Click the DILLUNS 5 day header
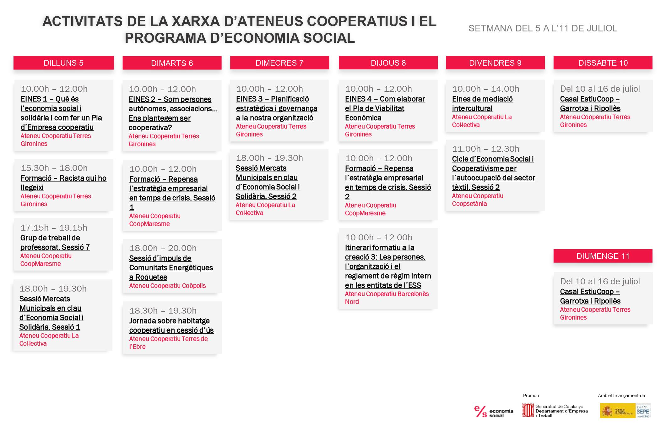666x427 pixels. [x=63, y=63]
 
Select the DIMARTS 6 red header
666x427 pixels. [x=172, y=63]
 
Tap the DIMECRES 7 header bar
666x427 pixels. [x=279, y=63]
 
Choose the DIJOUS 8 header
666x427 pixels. [x=388, y=63]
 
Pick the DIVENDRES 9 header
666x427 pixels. [x=495, y=63]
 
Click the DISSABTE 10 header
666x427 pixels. [x=603, y=63]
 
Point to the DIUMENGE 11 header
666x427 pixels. [x=603, y=256]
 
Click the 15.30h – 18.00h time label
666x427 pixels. [x=54, y=168]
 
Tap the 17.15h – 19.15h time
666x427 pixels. [x=54, y=228]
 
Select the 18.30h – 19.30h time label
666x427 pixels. [x=163, y=311]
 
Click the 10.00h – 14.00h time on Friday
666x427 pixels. [x=485, y=89]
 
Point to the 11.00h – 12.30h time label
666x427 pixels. [x=485, y=149]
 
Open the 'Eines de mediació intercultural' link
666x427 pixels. [x=482, y=104]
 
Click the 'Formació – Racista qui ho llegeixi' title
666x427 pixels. [x=63, y=183]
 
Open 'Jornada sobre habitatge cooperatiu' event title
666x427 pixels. [x=171, y=326]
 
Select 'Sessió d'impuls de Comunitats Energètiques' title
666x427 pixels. [x=171, y=268]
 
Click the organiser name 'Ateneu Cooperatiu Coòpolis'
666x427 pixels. [x=167, y=286]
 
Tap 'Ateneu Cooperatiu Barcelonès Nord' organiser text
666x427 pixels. [x=387, y=298]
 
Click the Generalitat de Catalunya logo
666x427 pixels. [x=555, y=411]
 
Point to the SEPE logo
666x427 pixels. [x=642, y=411]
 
